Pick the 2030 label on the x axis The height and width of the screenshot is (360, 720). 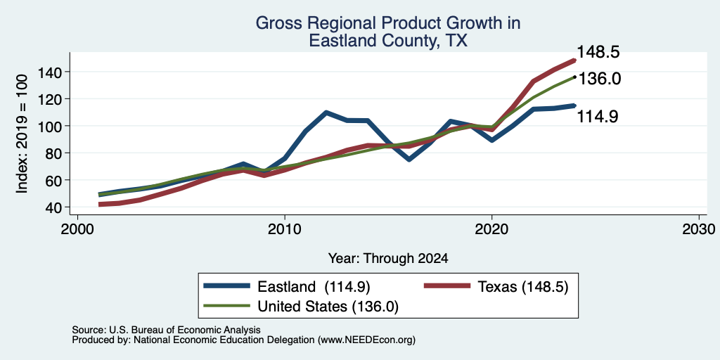(699, 229)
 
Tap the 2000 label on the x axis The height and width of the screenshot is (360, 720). (77, 229)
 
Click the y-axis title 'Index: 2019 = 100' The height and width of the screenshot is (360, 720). (22, 134)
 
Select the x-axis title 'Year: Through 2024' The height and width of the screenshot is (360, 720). (388, 259)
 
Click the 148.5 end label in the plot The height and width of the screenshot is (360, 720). (598, 52)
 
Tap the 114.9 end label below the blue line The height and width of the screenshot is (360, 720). (597, 116)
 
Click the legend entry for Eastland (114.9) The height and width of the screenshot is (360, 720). (287, 287)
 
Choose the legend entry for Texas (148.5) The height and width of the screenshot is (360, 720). (496, 287)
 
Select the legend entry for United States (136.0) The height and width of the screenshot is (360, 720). (301, 307)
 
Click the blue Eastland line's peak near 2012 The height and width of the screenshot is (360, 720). (326, 112)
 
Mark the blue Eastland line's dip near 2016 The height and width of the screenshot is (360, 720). (409, 160)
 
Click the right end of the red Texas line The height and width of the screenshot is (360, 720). (574, 60)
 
